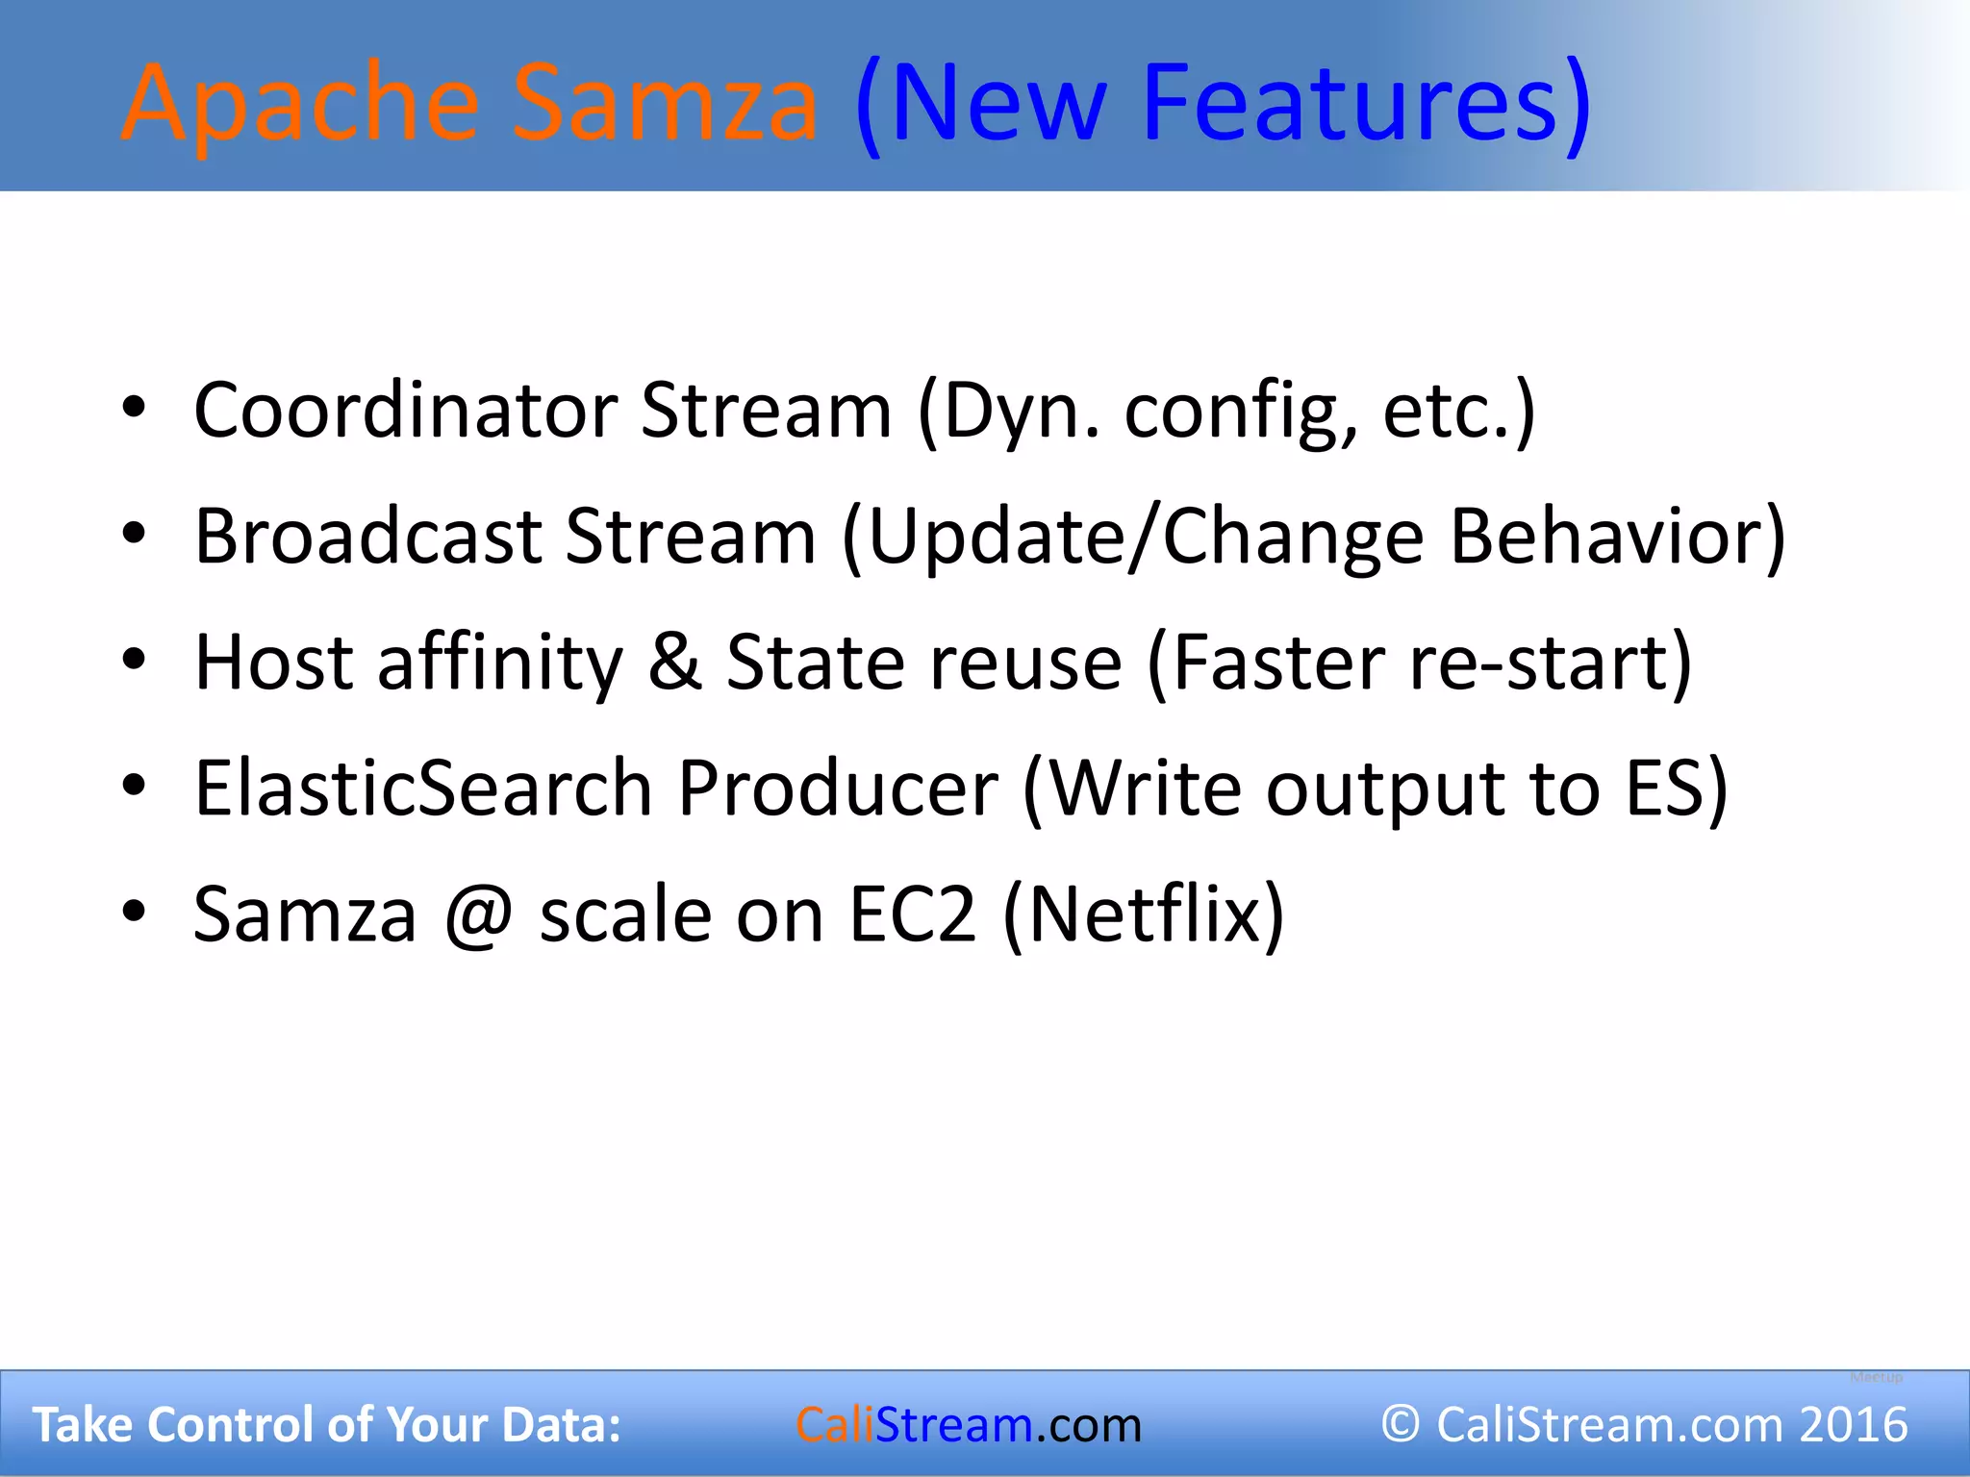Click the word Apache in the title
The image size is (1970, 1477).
[x=300, y=104]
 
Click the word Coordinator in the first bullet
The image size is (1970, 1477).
[x=405, y=411]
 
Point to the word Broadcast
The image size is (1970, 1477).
[x=368, y=537]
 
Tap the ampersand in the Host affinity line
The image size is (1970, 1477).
[x=674, y=663]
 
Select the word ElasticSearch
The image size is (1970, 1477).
[x=423, y=789]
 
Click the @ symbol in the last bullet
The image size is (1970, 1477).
[x=478, y=915]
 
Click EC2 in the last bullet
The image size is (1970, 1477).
[x=912, y=914]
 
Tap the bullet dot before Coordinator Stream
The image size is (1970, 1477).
[x=134, y=409]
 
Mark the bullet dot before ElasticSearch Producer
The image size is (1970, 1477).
[x=134, y=787]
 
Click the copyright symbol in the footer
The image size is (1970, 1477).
[x=1401, y=1424]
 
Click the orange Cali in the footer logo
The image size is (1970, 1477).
[x=835, y=1425]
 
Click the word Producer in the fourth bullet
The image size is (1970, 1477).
[x=838, y=789]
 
